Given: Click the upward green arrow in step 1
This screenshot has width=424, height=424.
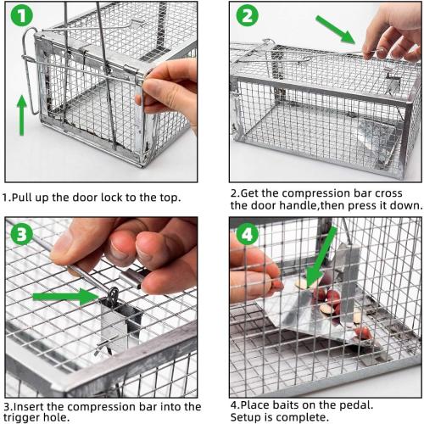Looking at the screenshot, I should click(21, 114).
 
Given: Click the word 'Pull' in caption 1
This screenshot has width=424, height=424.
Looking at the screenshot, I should click(27, 198).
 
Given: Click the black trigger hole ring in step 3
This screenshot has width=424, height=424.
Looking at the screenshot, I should click(113, 298).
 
